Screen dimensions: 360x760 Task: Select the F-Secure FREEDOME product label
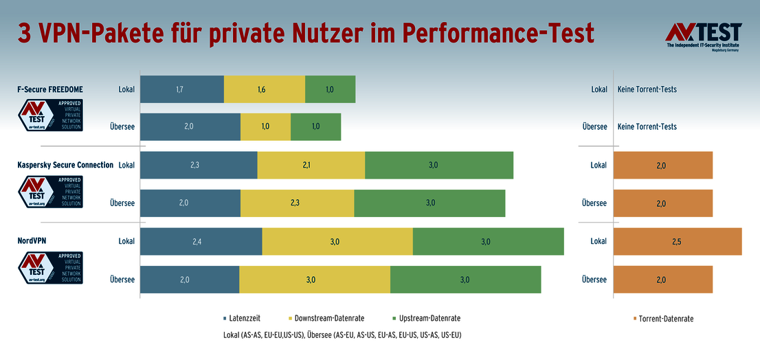[x=52, y=89]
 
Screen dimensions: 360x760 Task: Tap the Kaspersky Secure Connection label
[x=65, y=165]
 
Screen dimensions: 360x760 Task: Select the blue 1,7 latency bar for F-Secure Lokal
[x=182, y=89]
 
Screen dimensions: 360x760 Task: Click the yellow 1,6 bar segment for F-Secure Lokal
[x=265, y=89]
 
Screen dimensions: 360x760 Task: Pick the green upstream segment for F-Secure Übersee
[x=315, y=127]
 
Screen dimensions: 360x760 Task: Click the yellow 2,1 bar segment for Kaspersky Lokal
[x=311, y=166]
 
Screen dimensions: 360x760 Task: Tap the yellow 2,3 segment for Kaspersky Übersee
[x=298, y=203]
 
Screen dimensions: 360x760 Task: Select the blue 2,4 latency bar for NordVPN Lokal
[x=201, y=242]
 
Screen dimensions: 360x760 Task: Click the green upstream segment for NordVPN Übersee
[x=465, y=280]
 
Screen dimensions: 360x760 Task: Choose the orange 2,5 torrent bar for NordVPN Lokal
[x=678, y=242]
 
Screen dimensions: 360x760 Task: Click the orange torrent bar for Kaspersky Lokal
[x=663, y=166]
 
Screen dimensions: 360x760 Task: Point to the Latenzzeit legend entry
[x=241, y=318]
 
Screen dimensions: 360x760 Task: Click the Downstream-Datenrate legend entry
[x=326, y=318]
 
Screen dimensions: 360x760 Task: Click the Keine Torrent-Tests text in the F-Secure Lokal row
[x=647, y=89]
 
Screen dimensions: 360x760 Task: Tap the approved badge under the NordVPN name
[x=51, y=268]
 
